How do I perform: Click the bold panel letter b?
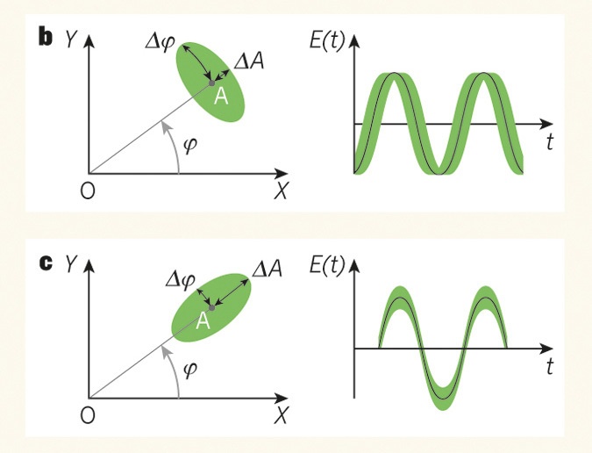click(43, 37)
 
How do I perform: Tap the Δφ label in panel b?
click(164, 41)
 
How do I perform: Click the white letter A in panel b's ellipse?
click(221, 97)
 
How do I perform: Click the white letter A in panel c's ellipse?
click(202, 322)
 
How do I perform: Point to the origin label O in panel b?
click(87, 191)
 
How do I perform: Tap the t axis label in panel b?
click(549, 143)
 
